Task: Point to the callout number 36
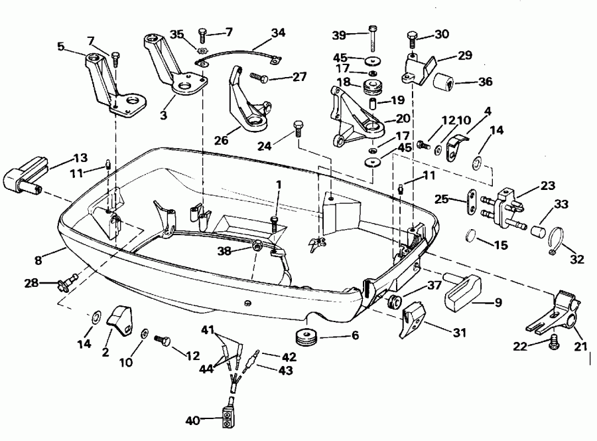click(x=486, y=83)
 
